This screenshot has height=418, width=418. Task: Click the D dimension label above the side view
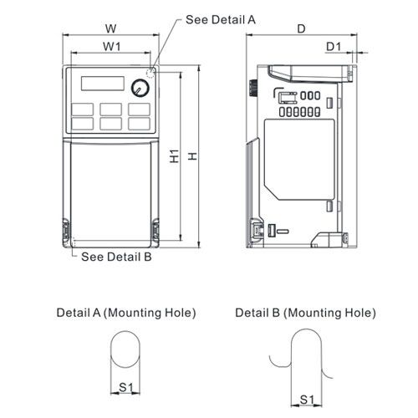[301, 29]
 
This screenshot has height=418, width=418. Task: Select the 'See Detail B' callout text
[116, 257]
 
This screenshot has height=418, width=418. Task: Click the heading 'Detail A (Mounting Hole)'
[125, 313]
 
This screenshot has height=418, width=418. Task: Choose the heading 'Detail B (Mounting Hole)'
[305, 313]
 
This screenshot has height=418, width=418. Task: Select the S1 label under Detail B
[307, 400]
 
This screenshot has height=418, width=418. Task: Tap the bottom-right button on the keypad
[138, 123]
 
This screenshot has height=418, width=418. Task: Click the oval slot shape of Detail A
[125, 351]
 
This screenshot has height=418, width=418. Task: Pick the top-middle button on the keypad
[110, 109]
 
